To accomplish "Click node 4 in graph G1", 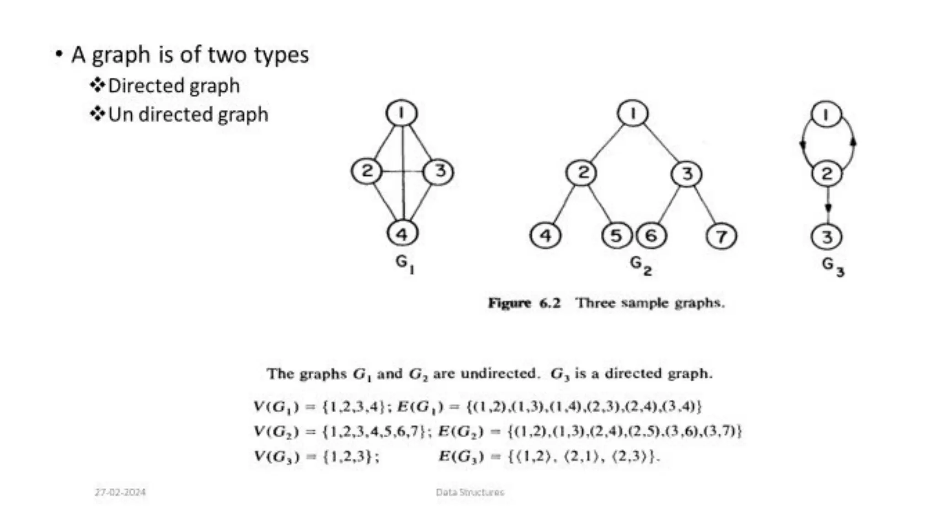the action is tap(402, 234).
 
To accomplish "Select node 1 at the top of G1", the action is tap(402, 113).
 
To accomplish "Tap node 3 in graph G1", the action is tap(439, 172).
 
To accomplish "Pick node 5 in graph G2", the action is tap(616, 236).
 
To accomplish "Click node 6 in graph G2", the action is tap(652, 236).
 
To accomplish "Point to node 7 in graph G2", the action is tap(722, 237).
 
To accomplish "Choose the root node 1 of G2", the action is tap(633, 113).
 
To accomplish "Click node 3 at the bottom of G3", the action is tap(827, 237).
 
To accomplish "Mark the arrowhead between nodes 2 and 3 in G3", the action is tap(828, 208).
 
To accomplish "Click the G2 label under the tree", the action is tap(640, 265).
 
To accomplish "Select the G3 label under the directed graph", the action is tap(833, 266).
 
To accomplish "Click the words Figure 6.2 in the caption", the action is tap(524, 303).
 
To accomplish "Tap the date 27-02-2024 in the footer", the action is tap(120, 492).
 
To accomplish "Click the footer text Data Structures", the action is tap(470, 492).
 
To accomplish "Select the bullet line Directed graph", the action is tap(174, 86).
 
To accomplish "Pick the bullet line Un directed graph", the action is tap(188, 114).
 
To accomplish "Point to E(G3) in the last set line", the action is tap(461, 457).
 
